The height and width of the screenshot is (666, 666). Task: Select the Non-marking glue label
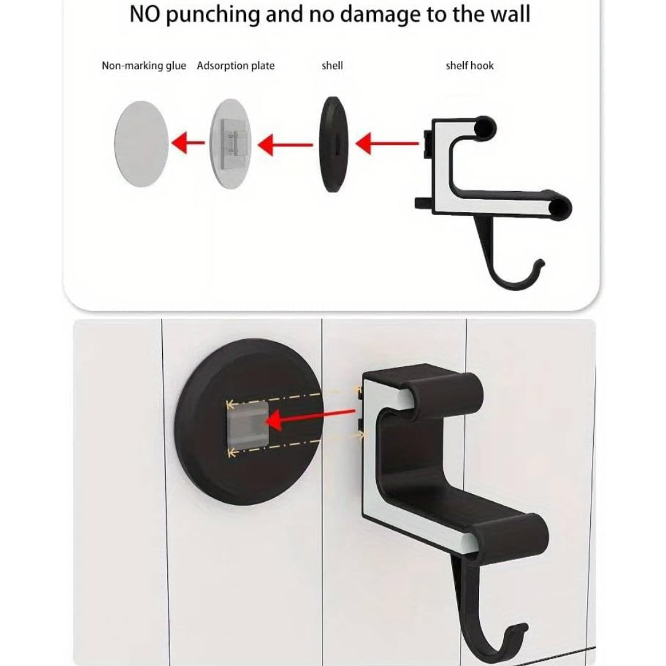144,66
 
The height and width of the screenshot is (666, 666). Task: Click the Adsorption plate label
236,66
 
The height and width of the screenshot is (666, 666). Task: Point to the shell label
332,65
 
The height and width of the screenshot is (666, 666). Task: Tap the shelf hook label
470,65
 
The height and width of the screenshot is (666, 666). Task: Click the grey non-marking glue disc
141,144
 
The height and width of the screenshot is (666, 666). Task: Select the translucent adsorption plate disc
231,144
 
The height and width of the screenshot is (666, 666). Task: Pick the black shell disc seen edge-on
334,144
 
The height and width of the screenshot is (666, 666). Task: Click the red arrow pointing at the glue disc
187,142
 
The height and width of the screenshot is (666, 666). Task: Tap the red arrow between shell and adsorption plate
286,145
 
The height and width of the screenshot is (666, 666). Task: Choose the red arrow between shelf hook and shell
387,143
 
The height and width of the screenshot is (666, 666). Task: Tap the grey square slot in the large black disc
248,426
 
